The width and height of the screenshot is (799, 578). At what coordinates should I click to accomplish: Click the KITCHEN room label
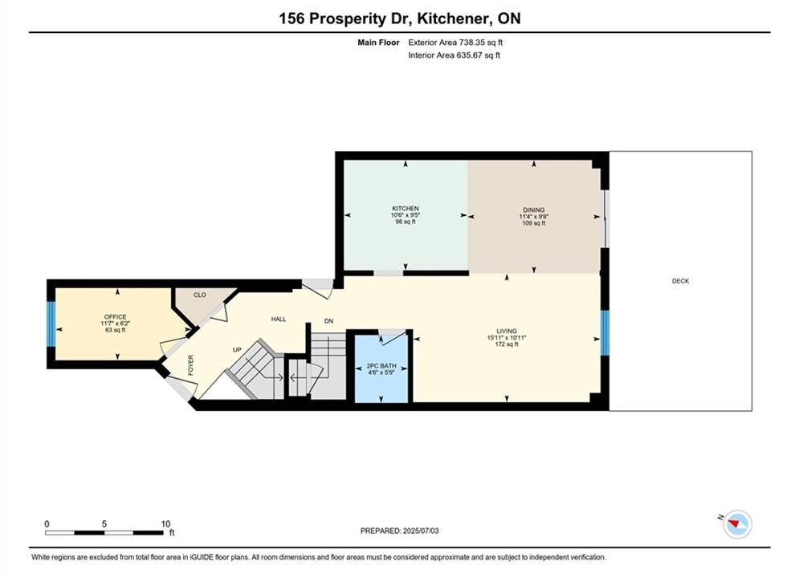coord(405,208)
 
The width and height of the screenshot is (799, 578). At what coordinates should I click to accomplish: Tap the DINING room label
coord(533,210)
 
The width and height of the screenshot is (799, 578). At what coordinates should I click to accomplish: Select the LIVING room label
coord(507,331)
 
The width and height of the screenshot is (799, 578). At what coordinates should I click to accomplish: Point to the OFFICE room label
coord(115,317)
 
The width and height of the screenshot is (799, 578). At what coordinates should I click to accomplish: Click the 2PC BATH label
coord(381,365)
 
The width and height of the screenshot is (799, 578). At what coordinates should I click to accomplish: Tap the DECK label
coord(680,281)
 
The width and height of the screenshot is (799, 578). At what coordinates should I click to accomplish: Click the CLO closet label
coord(200,295)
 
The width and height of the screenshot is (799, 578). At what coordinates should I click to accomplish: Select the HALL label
coord(278,319)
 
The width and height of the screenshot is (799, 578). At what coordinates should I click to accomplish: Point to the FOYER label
coord(191,365)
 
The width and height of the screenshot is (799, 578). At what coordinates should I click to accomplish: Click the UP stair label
coord(237,350)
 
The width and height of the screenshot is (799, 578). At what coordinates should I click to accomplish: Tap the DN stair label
coord(328,321)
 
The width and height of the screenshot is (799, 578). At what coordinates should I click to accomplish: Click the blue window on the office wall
coord(51,324)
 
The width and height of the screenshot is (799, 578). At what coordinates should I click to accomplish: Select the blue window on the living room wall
coord(605,332)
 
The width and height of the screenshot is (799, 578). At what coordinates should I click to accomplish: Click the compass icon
coord(737,523)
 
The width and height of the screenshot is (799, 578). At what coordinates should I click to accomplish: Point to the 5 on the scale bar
coord(104,524)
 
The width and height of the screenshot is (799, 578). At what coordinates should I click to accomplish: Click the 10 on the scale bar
coord(165,524)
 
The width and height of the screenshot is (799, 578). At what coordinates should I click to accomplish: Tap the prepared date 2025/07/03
coord(421,531)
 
